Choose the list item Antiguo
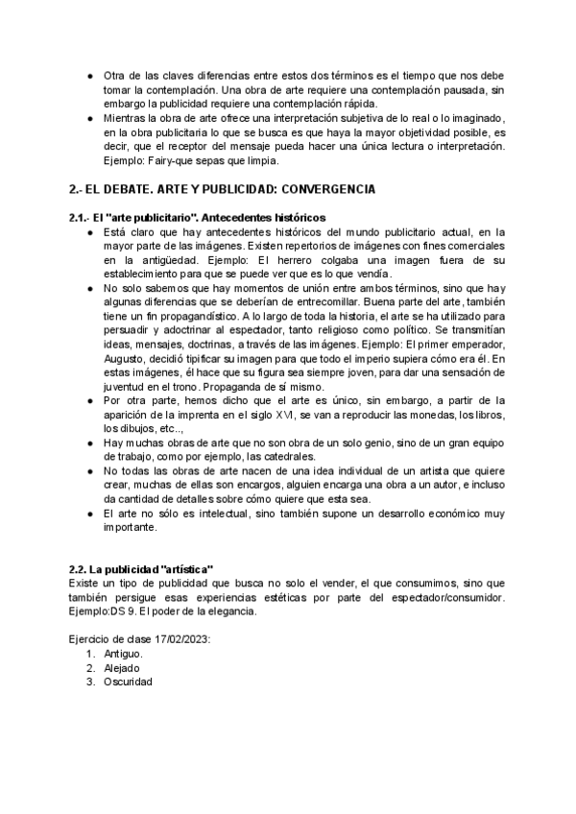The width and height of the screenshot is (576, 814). click(124, 653)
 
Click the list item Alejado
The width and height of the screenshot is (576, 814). click(122, 667)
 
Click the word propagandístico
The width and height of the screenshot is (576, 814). click(167, 315)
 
